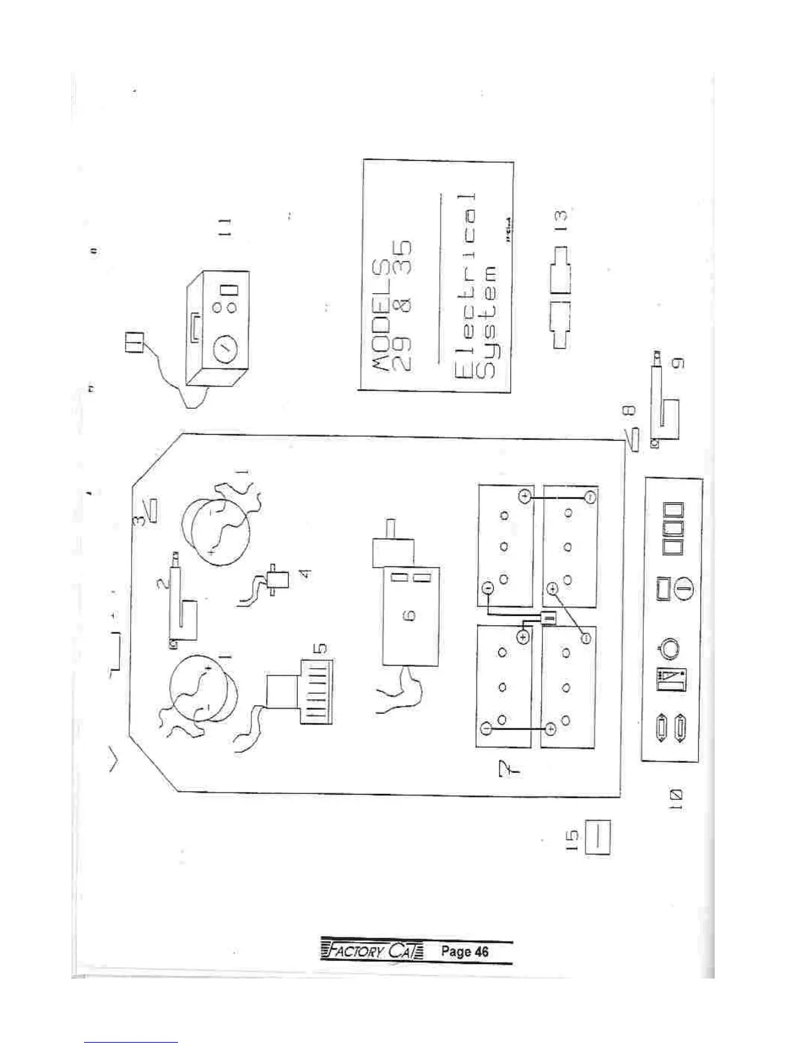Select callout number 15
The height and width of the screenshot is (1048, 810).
coord(574,839)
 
